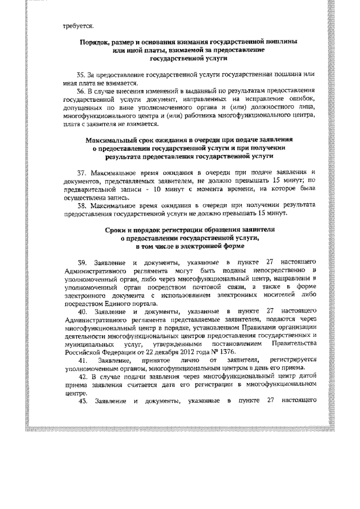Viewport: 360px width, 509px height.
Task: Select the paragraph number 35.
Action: pyautogui.click(x=81, y=74)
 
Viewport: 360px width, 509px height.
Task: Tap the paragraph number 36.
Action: pyautogui.click(x=81, y=90)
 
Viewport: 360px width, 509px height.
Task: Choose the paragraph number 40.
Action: pyautogui.click(x=82, y=310)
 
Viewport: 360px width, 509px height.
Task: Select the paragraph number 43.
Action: pyautogui.click(x=82, y=400)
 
